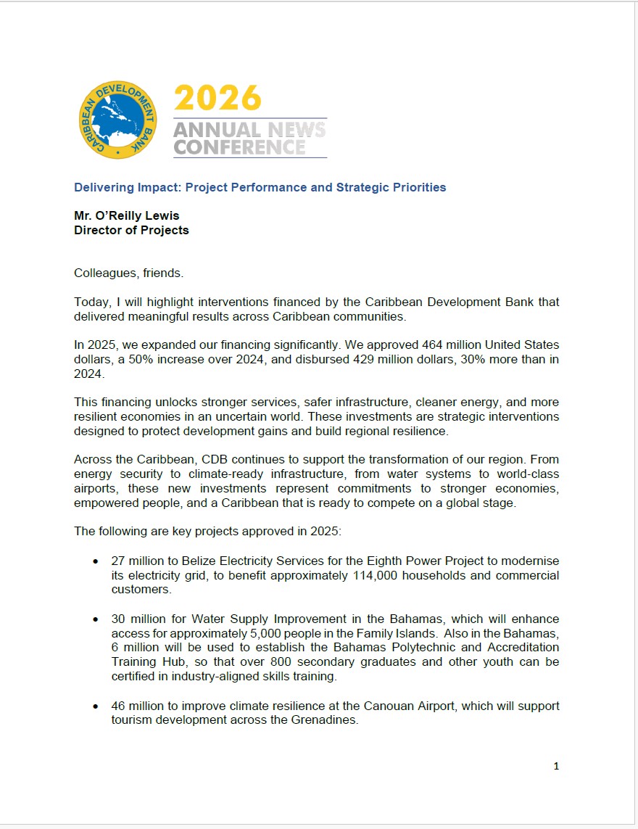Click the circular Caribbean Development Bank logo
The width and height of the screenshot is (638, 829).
pos(118,120)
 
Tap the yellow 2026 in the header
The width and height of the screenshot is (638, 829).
pos(217,99)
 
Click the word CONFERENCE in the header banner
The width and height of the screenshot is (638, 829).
pos(239,147)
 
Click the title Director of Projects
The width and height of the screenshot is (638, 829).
pos(131,230)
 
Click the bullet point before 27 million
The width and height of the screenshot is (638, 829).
pos(96,562)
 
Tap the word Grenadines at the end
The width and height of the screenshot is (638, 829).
pos(328,720)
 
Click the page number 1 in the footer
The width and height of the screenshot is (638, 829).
pos(556,766)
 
